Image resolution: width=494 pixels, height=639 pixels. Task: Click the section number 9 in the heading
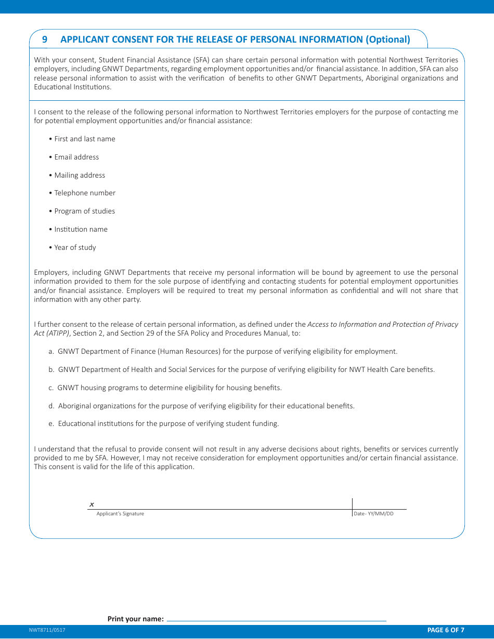(x=45, y=39)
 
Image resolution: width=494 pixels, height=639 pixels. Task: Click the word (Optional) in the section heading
(x=388, y=39)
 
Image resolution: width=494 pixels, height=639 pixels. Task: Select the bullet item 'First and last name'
(x=85, y=139)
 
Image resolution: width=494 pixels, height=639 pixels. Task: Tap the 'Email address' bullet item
(x=76, y=157)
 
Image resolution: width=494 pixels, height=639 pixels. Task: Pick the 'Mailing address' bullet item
(x=80, y=175)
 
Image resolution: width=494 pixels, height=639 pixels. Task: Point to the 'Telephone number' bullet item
(x=85, y=193)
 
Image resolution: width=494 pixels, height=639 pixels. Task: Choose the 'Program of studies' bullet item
(x=85, y=211)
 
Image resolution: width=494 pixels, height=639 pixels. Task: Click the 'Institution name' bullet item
(x=81, y=229)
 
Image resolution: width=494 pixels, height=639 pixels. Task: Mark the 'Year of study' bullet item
(x=75, y=247)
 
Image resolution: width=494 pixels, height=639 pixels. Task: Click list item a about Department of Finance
(x=223, y=351)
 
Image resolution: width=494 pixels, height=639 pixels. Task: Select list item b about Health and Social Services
(x=242, y=369)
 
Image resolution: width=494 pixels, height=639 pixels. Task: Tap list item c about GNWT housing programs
(x=165, y=388)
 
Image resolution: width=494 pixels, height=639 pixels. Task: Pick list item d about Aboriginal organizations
(x=202, y=406)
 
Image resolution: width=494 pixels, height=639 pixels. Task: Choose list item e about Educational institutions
(x=164, y=423)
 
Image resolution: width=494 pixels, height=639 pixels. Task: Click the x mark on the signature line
(x=92, y=504)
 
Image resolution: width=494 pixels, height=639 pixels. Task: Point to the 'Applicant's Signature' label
(x=120, y=514)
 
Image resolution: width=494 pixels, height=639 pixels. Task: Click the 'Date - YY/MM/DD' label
(x=374, y=514)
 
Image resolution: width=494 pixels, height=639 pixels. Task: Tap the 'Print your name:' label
(x=136, y=619)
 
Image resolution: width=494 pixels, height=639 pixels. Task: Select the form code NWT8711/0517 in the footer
(x=47, y=630)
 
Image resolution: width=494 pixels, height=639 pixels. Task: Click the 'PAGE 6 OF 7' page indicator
(x=446, y=630)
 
